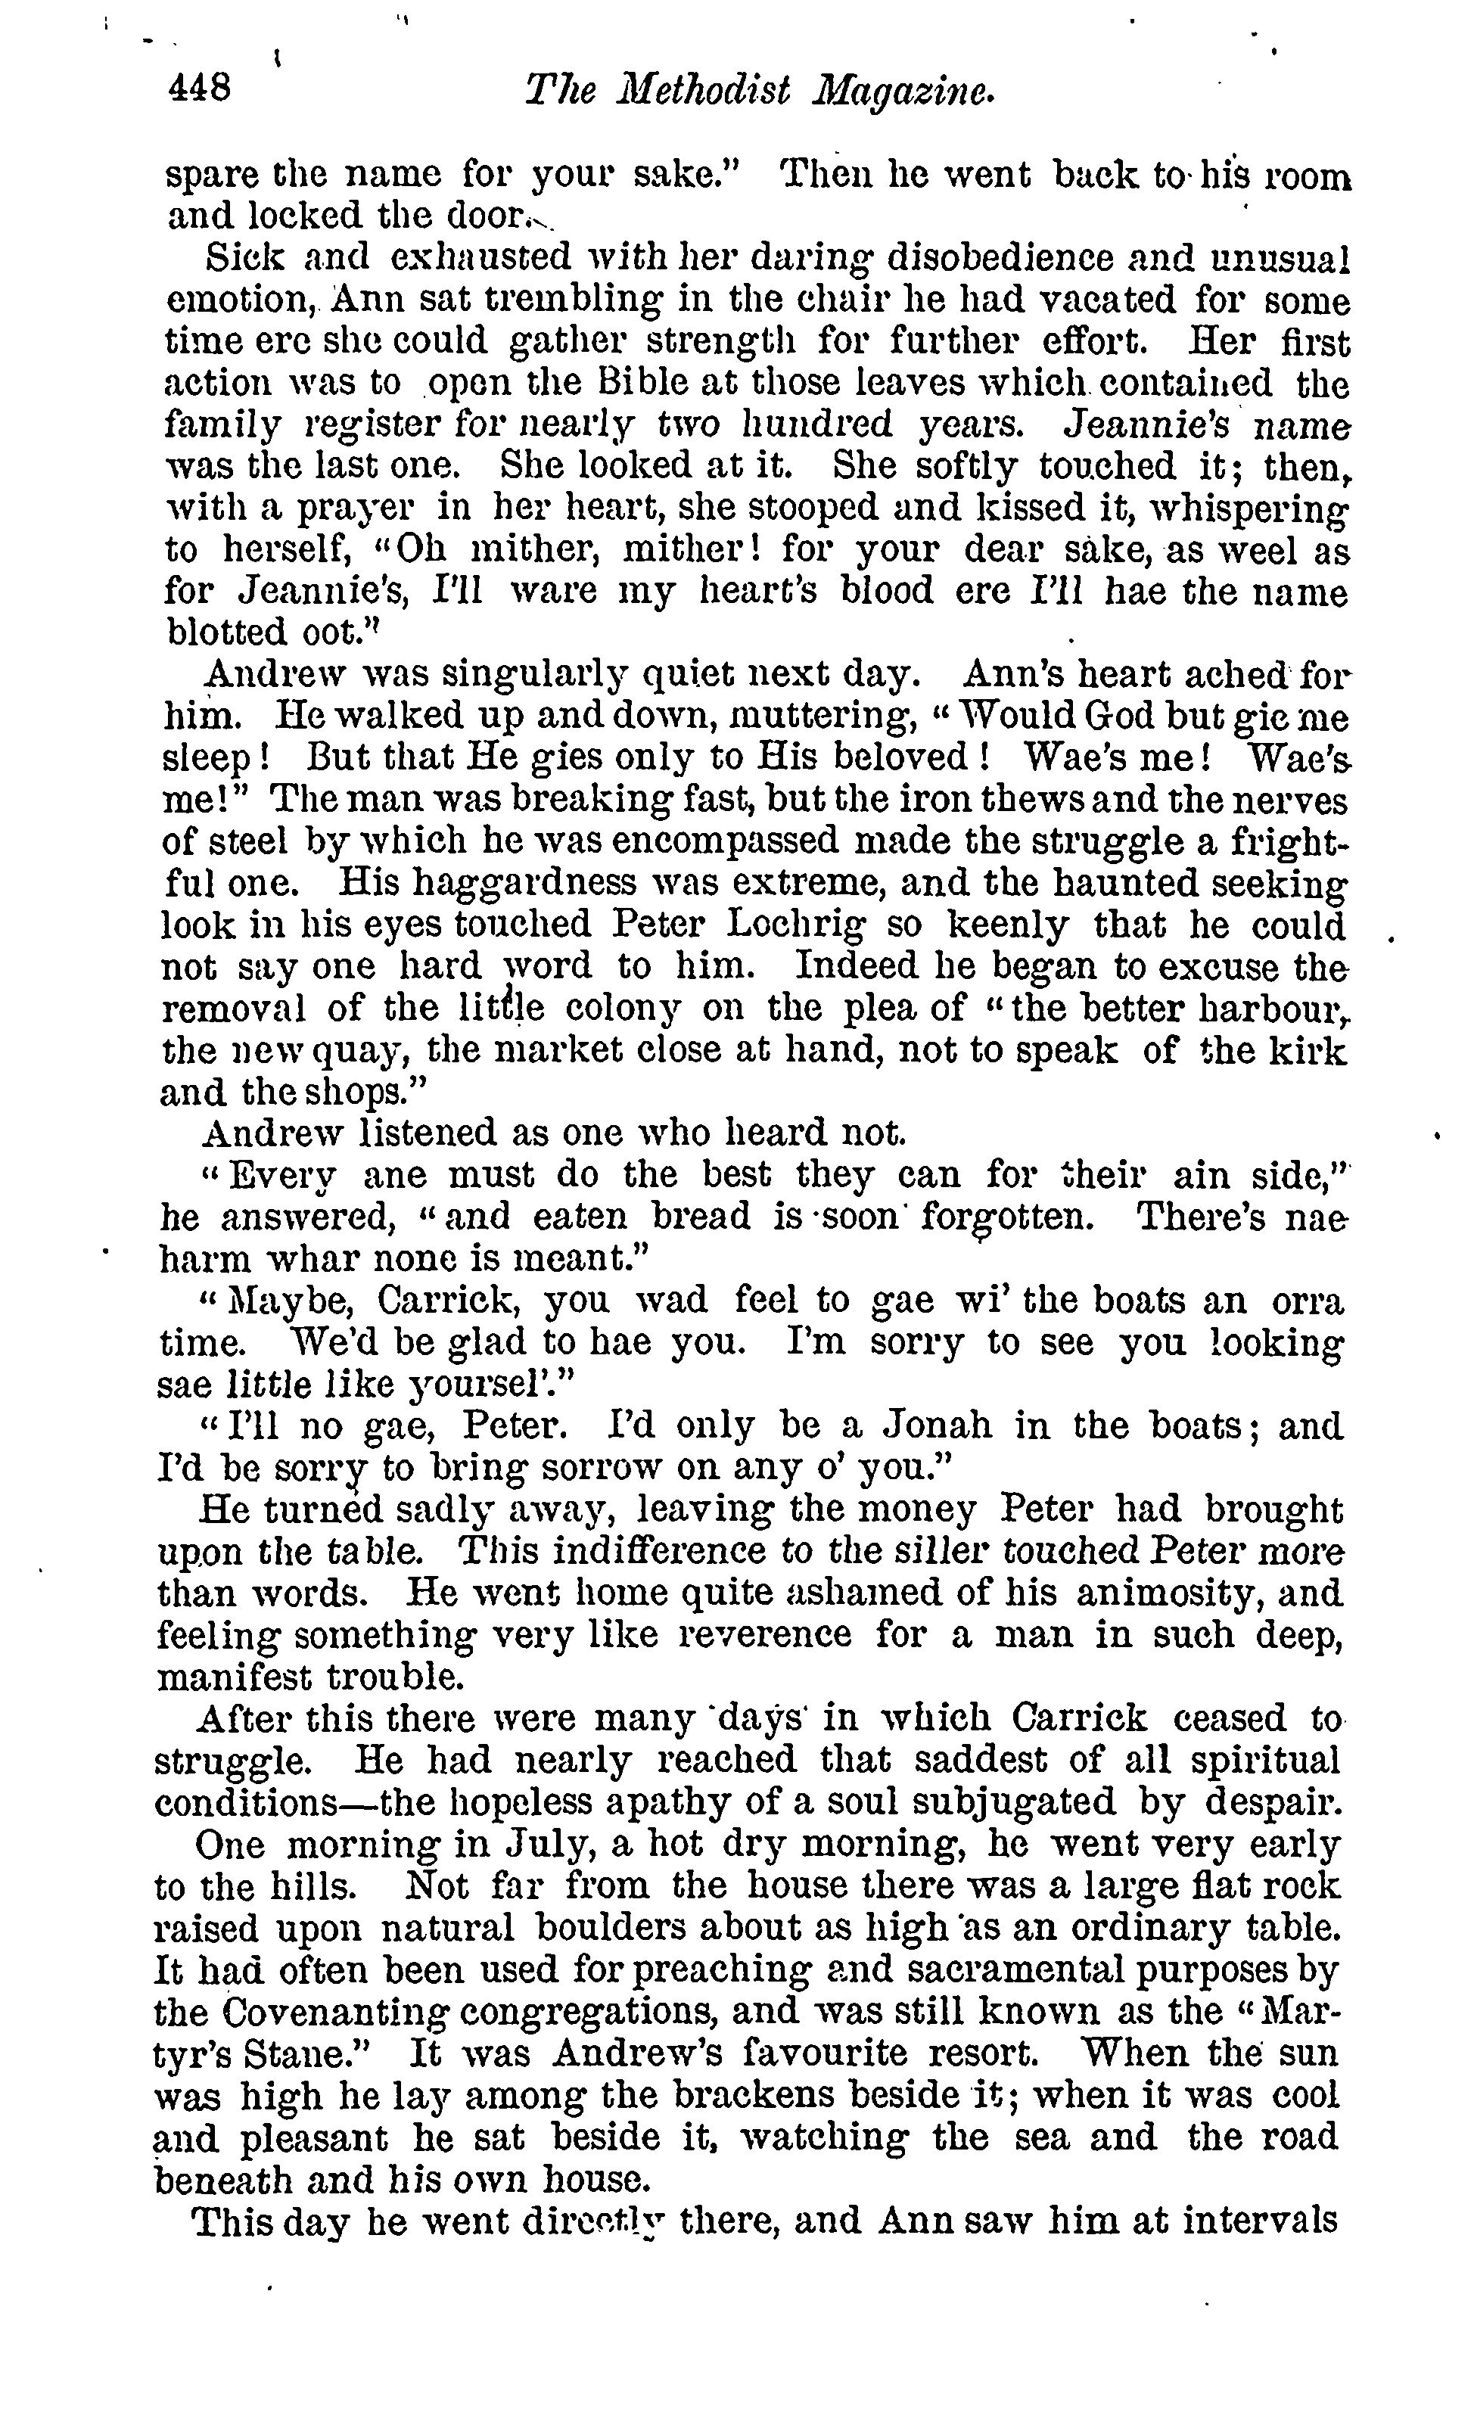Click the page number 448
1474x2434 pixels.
coord(201,90)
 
